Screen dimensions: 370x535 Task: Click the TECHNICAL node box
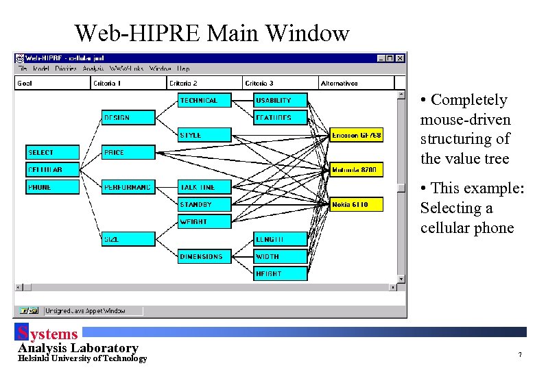pos(204,101)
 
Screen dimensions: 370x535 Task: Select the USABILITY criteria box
pos(280,101)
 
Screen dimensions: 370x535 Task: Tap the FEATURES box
pos(280,118)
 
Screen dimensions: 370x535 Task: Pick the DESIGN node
pos(128,118)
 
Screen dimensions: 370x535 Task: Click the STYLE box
pos(204,135)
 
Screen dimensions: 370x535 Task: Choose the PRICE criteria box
pos(128,153)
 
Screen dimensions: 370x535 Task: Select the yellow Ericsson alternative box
pos(357,135)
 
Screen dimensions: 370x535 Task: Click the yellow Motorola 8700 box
pos(357,170)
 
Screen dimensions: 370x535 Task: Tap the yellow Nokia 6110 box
pos(357,205)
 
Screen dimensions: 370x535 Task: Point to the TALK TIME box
pos(204,187)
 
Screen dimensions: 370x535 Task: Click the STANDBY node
pos(204,205)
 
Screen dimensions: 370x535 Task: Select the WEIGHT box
pos(204,222)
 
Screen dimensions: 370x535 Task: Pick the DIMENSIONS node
pos(204,257)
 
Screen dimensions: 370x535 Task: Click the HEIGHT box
pos(280,274)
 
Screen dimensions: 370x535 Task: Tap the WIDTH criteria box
pos(280,257)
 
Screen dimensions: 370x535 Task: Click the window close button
pos(400,59)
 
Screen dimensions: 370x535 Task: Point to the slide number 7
pos(520,355)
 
